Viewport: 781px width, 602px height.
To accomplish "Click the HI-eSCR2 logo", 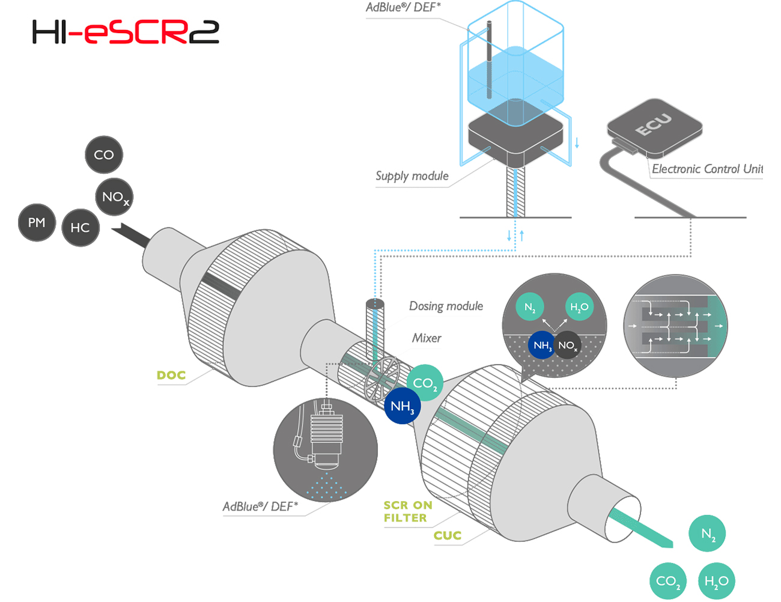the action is click(126, 32).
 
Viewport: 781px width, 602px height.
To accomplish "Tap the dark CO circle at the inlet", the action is click(104, 154).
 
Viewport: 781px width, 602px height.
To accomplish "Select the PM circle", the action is click(37, 222).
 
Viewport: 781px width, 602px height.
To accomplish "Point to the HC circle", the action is click(80, 228).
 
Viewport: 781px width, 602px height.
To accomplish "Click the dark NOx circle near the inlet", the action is click(114, 196).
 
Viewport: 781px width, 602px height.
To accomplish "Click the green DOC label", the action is click(171, 375).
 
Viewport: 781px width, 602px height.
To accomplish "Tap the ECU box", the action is click(655, 127).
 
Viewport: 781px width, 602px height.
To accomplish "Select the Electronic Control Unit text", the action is click(707, 169).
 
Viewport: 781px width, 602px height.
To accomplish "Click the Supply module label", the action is click(412, 176).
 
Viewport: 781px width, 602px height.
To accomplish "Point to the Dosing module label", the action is click(446, 306).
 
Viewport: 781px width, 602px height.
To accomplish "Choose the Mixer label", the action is click(427, 338).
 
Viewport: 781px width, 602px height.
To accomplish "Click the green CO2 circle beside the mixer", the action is click(425, 383).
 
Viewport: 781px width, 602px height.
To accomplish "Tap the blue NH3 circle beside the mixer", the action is click(402, 406).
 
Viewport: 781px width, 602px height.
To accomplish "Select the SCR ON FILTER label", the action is click(407, 511).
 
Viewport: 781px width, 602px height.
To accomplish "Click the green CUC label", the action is click(448, 535).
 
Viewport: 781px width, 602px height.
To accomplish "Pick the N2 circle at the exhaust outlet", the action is click(707, 534).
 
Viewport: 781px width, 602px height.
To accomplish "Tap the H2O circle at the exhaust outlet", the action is click(716, 581).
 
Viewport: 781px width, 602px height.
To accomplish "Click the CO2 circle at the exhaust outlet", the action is click(668, 581).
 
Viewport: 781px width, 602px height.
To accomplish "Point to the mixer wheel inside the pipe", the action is click(381, 379).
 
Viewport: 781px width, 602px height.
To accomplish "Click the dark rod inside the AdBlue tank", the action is click(489, 59).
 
